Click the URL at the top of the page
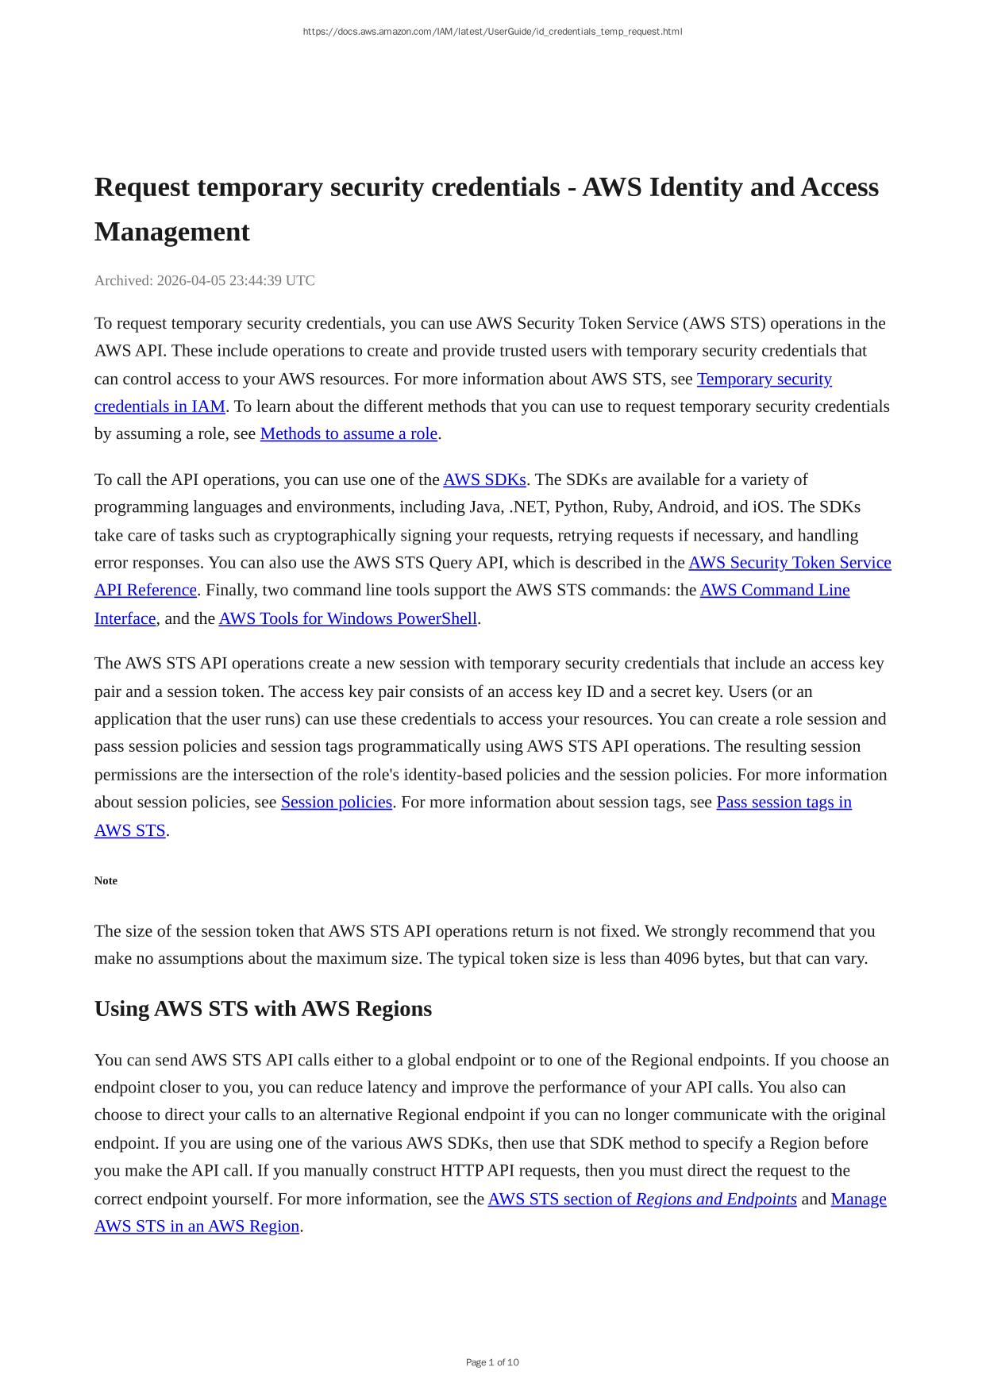point(492,32)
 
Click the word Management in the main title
point(171,232)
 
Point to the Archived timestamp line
point(204,280)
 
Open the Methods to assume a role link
point(349,433)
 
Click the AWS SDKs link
point(484,479)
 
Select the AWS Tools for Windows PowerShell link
point(348,618)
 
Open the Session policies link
point(337,802)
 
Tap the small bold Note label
point(106,880)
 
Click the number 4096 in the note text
point(681,958)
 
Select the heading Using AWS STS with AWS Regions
point(263,1009)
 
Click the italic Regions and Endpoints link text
point(716,1199)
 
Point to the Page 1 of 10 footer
point(492,1362)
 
